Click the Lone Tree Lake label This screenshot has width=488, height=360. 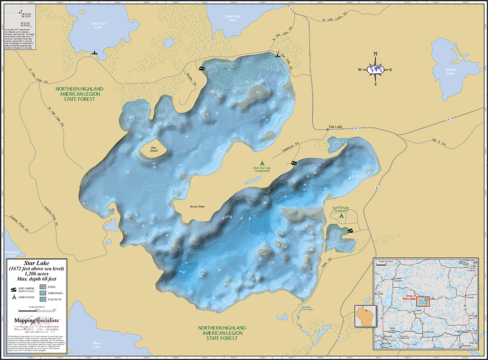point(87,24)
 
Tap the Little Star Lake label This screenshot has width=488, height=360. point(231,18)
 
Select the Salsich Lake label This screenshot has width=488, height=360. point(450,71)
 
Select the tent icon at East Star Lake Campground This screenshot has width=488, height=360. point(341,214)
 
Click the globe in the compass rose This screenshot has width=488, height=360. point(375,69)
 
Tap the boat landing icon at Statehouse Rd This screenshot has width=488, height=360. point(294,163)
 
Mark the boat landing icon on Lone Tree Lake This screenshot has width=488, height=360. point(95,52)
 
